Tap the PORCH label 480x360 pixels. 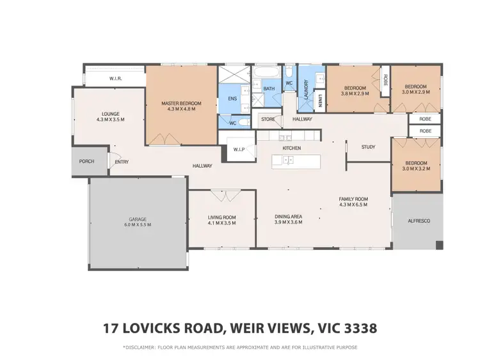pyautogui.click(x=86, y=161)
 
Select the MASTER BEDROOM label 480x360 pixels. pyautogui.click(x=181, y=104)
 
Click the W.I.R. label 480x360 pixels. pyautogui.click(x=116, y=79)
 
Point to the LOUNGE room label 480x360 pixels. pyautogui.click(x=110, y=114)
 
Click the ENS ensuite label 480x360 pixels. pyautogui.click(x=232, y=99)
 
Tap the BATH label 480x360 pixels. pyautogui.click(x=269, y=89)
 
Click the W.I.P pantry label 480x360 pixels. pyautogui.click(x=240, y=150)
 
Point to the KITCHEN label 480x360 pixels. pyautogui.click(x=292, y=148)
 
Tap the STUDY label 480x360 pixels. pyautogui.click(x=368, y=147)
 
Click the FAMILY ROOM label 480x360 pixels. pyautogui.click(x=354, y=200)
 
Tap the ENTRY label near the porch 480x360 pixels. pyautogui.click(x=122, y=162)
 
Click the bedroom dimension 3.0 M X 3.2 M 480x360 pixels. pyautogui.click(x=417, y=170)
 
